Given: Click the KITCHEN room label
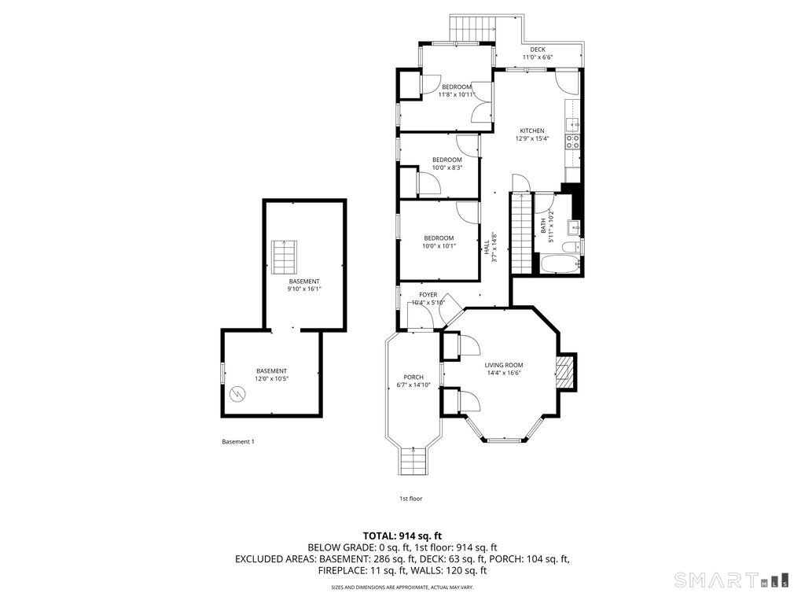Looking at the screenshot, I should (531, 131).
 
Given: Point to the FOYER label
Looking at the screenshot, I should (428, 295).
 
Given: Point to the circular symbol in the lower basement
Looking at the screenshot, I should (236, 393).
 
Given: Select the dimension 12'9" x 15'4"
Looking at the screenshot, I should (531, 139).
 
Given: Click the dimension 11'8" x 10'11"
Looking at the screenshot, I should (456, 95).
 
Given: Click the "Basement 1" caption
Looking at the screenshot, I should (237, 442).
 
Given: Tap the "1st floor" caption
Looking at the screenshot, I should (410, 499).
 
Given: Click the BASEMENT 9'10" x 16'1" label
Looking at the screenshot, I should (304, 285).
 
